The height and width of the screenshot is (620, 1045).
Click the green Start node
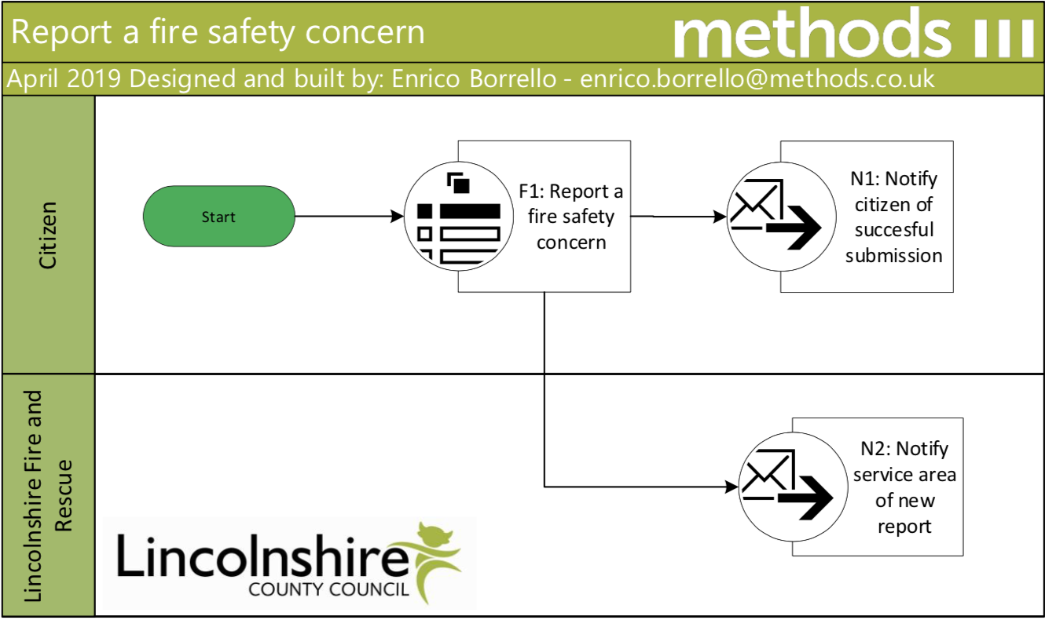pos(218,217)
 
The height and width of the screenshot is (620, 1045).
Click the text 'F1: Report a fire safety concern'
pos(571,217)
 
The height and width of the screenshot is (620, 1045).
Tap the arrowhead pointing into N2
pos(731,487)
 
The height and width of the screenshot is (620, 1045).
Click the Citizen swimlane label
pos(49,235)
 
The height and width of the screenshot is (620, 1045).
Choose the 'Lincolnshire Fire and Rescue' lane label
pos(49,497)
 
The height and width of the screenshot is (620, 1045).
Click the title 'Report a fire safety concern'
pos(218,33)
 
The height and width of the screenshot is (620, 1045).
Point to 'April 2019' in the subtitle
pos(66,78)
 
